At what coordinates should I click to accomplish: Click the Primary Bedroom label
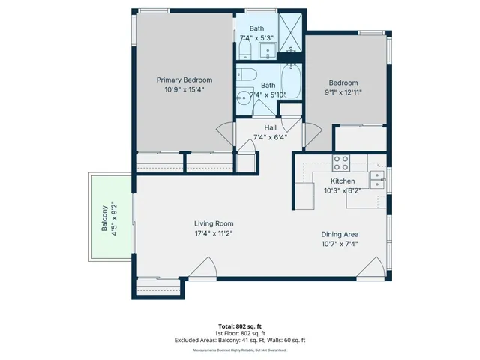click(x=184, y=80)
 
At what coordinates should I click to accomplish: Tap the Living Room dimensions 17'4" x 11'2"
click(x=214, y=233)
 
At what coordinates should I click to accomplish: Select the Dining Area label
click(x=340, y=235)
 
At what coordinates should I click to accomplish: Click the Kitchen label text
click(x=343, y=181)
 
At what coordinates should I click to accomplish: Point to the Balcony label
click(x=105, y=218)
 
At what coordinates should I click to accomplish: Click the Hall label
click(x=270, y=127)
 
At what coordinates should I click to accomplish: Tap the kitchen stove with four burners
click(x=341, y=163)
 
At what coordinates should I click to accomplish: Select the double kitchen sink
click(x=377, y=180)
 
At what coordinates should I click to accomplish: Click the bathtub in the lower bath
click(x=291, y=81)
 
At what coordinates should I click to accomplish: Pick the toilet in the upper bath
click(x=245, y=49)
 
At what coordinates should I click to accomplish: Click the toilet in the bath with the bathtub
click(x=246, y=74)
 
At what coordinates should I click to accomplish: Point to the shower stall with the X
click(x=290, y=33)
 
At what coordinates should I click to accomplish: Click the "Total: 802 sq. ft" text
click(x=240, y=326)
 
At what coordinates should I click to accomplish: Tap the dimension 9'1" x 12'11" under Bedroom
click(x=343, y=92)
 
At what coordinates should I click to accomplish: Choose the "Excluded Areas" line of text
click(x=240, y=340)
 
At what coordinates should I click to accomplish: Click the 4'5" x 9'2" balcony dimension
click(x=114, y=218)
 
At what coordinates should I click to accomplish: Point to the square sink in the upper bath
click(x=268, y=51)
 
